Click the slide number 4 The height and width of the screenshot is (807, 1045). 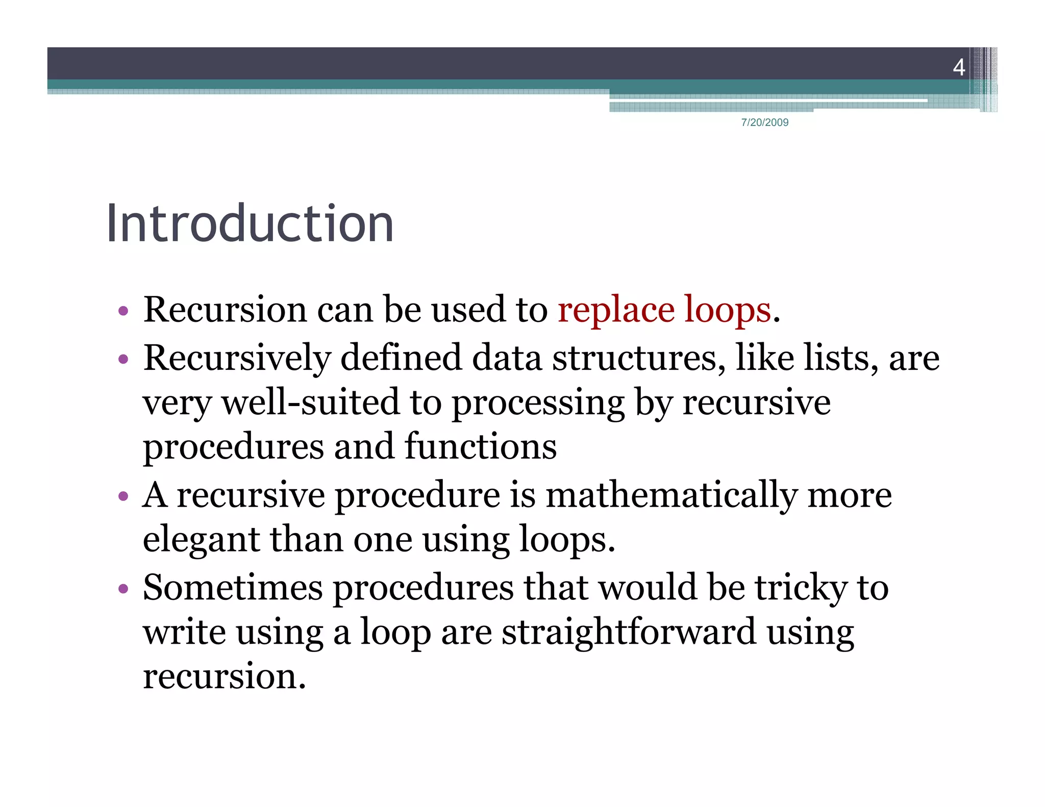click(x=959, y=67)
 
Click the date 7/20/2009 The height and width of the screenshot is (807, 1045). click(x=764, y=122)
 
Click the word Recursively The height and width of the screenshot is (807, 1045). click(x=237, y=358)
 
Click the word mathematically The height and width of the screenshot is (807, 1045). click(x=671, y=495)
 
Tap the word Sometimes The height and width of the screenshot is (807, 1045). click(x=233, y=588)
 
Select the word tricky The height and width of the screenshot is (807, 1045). click(x=801, y=588)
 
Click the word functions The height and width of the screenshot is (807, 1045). click(x=480, y=447)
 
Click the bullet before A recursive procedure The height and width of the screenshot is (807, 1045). click(x=123, y=496)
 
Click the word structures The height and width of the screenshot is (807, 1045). click(x=639, y=358)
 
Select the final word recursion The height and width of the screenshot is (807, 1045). click(x=224, y=676)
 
